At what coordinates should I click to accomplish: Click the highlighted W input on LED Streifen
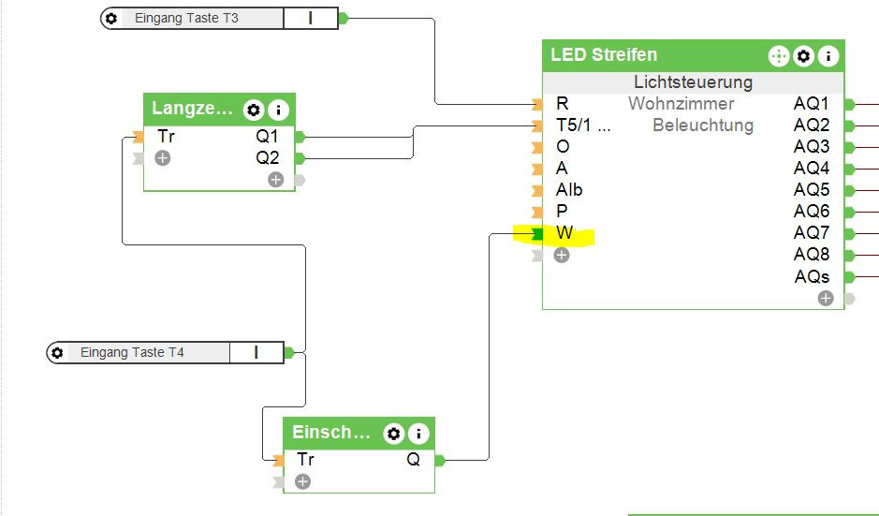coord(564,233)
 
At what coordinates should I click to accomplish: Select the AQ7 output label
coord(812,233)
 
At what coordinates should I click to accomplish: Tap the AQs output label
coord(812,277)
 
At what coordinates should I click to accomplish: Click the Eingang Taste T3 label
coord(186,18)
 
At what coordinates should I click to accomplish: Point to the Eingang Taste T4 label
coord(132,353)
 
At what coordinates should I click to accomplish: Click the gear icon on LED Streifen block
coord(803,56)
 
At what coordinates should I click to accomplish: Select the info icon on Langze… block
coord(279,110)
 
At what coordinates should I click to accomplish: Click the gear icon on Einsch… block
coord(394,434)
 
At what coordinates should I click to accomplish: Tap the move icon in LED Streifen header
coord(779,56)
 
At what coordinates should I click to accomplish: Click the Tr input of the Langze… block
coord(166,137)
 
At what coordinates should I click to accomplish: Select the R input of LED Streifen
coord(562,103)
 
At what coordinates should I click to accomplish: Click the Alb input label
coord(569,190)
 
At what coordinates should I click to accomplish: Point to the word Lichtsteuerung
coord(693,82)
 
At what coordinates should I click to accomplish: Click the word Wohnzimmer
coord(681,104)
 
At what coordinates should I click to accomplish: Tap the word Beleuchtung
coord(703,125)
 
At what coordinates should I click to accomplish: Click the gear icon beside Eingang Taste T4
coord(58,353)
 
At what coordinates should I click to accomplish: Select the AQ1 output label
coord(812,104)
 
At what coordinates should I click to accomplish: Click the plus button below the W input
coord(562,255)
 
